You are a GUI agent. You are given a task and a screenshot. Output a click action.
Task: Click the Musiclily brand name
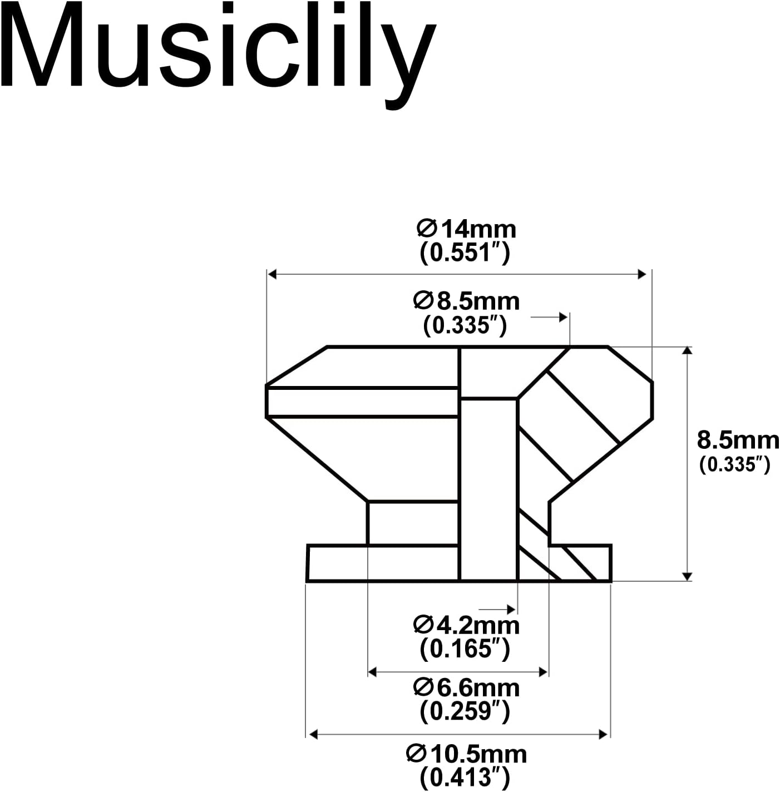pyautogui.click(x=220, y=53)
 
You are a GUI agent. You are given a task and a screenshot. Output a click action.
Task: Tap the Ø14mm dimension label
pyautogui.click(x=466, y=229)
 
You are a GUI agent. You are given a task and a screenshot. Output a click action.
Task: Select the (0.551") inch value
pyautogui.click(x=465, y=254)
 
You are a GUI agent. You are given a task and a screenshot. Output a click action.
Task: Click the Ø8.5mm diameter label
pyautogui.click(x=466, y=301)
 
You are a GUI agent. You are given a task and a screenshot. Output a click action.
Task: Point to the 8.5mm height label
pyautogui.click(x=738, y=440)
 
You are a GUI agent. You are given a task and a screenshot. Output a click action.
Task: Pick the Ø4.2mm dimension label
pyautogui.click(x=466, y=625)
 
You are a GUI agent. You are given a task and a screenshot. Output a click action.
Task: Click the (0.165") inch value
pyautogui.click(x=465, y=649)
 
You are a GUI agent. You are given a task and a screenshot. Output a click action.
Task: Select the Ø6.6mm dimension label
pyautogui.click(x=466, y=688)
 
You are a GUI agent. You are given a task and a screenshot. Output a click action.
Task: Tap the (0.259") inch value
pyautogui.click(x=465, y=711)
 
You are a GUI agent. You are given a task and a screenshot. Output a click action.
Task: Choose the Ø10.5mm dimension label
pyautogui.click(x=466, y=754)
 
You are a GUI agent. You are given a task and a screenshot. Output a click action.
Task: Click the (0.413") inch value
pyautogui.click(x=465, y=777)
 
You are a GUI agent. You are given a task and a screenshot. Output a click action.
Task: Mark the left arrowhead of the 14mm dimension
pyautogui.click(x=272, y=274)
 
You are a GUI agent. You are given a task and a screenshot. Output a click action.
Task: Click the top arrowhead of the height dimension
pyautogui.click(x=688, y=350)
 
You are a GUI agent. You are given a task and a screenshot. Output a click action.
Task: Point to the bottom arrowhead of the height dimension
pyautogui.click(x=688, y=577)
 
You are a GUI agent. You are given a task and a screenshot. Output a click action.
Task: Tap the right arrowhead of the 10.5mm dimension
pyautogui.click(x=603, y=735)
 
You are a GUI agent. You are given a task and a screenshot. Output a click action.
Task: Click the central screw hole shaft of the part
pyautogui.click(x=488, y=489)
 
